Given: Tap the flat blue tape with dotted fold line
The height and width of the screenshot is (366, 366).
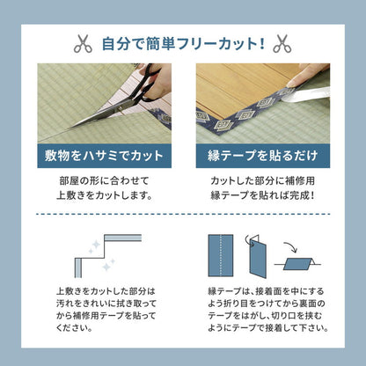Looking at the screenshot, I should [216, 255].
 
